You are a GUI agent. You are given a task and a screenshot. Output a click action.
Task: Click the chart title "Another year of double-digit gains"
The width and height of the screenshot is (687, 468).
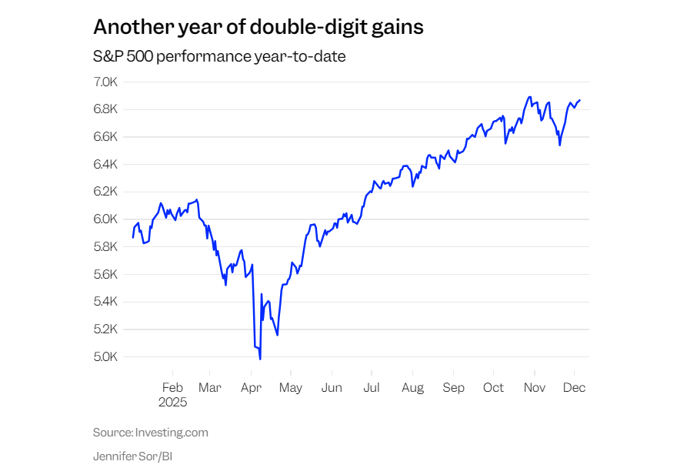pos(258,27)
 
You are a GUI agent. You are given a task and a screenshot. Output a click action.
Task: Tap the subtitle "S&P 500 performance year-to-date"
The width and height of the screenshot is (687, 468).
pos(219,57)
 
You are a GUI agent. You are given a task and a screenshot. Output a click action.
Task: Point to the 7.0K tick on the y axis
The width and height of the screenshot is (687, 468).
pos(105,82)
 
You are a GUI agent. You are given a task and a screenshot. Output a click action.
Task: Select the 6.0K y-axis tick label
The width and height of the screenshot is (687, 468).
pos(105,219)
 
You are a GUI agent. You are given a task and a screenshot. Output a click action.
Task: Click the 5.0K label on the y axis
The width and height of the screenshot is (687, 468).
pos(105,357)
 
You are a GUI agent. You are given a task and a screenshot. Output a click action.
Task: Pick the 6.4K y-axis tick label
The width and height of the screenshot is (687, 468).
pos(105,165)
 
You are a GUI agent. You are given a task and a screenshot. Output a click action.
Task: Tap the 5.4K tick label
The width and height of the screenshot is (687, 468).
pos(105,303)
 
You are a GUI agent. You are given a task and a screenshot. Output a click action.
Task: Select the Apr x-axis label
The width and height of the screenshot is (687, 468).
pos(251,388)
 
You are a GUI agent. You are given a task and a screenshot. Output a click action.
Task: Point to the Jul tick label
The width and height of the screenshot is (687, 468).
pos(372,388)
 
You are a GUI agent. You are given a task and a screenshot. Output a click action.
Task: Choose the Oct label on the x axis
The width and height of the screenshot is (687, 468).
pos(493,388)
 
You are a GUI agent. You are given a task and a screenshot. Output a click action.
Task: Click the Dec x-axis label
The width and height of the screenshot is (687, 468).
pos(574,388)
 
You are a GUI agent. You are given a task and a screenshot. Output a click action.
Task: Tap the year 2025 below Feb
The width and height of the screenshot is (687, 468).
pos(172,403)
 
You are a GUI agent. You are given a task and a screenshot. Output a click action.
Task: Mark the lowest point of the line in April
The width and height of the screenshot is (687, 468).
pos(260,359)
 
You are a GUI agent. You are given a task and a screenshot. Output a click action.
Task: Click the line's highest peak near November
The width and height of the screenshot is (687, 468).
pos(529,97)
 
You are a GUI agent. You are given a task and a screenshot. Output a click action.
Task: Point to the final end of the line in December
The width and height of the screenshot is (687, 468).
pos(580,100)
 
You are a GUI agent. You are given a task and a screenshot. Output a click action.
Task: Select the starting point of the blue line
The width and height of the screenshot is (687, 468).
pos(133,237)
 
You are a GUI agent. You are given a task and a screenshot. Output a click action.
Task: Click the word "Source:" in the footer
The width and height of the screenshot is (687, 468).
pos(112,433)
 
